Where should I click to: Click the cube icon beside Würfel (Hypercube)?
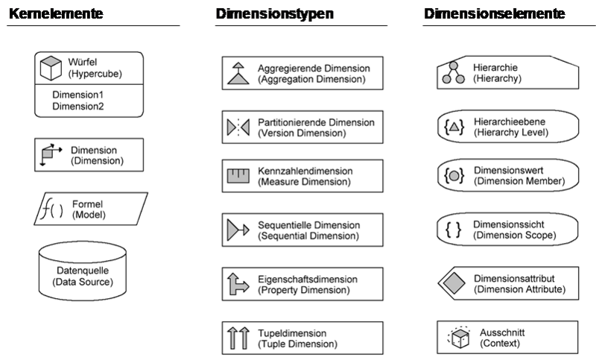pyautogui.click(x=51, y=68)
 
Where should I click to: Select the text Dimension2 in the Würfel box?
pyautogui.click(x=77, y=107)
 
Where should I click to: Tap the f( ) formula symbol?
pyautogui.click(x=52, y=209)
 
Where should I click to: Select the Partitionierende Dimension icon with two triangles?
pyautogui.click(x=238, y=127)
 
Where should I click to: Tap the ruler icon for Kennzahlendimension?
pyautogui.click(x=238, y=177)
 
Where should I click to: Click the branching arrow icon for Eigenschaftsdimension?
pyautogui.click(x=238, y=284)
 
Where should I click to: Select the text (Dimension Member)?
pyautogui.click(x=518, y=181)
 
